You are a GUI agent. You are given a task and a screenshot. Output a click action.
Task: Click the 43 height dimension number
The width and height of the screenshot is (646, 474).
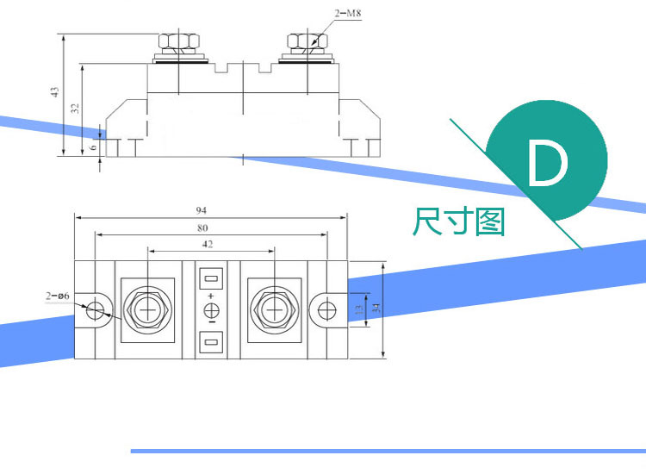click(54, 92)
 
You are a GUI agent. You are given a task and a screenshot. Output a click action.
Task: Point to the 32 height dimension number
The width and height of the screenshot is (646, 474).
click(75, 108)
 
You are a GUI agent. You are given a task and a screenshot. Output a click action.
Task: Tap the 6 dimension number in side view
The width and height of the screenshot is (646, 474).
click(96, 147)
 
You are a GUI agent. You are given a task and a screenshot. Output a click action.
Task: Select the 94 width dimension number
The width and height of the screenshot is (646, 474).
click(201, 210)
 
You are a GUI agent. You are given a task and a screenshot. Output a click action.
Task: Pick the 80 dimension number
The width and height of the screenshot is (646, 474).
click(203, 228)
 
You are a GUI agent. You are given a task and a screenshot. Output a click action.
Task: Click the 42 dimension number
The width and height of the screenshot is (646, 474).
click(207, 245)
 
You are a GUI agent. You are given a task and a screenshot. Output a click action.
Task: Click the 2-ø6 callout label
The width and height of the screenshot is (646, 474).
click(58, 296)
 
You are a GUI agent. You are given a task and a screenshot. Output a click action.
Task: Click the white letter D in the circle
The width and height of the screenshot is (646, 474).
click(548, 164)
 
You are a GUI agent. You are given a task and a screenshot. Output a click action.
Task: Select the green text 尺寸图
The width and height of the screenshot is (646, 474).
click(459, 221)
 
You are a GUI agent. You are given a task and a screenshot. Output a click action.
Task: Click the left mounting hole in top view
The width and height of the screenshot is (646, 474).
click(99, 310)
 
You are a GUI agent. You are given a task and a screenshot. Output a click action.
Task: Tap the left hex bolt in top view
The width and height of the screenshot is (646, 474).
click(148, 309)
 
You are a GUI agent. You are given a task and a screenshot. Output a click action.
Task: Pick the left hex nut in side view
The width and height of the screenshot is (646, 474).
click(178, 43)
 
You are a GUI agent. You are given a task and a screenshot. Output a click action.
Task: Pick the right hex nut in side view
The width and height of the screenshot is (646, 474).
click(306, 42)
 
